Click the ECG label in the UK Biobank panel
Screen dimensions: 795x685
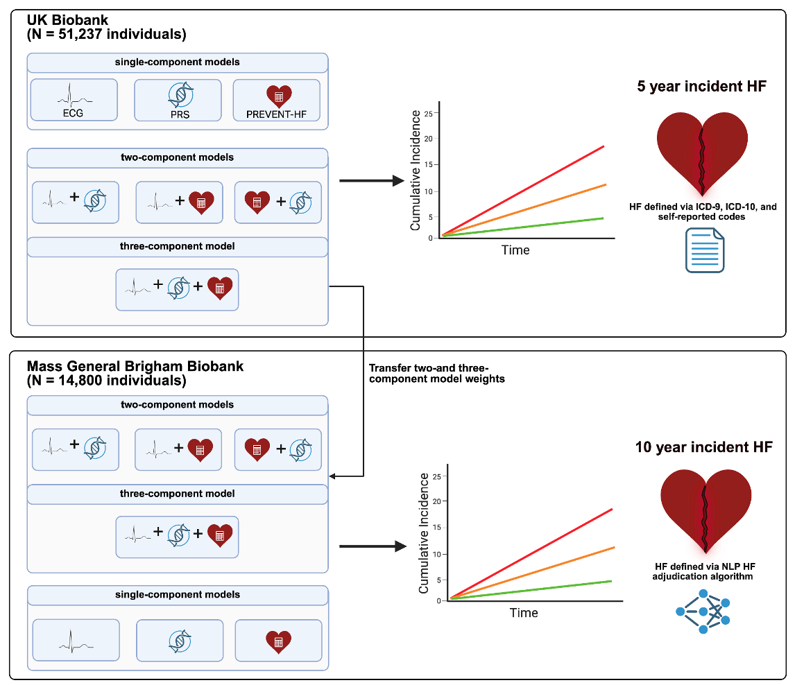tap(73, 113)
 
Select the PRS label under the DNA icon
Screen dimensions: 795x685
tap(180, 114)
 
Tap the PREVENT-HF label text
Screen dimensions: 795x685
tap(276, 114)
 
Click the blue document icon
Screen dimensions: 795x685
tap(705, 250)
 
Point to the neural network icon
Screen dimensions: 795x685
tap(703, 611)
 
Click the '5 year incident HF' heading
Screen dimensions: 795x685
tap(701, 86)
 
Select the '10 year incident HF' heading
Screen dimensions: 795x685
tap(703, 447)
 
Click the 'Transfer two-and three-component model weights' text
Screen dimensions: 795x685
tap(436, 374)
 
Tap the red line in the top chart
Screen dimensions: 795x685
tap(523, 191)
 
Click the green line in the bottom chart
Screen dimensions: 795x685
tap(531, 590)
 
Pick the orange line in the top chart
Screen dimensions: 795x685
tap(524, 210)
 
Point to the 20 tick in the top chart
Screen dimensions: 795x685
tap(429, 139)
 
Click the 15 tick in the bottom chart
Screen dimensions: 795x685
tap(437, 528)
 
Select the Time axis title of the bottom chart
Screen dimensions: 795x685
tap(524, 613)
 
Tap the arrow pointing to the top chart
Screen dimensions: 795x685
tap(372, 180)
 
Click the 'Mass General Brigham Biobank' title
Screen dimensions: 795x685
tap(135, 366)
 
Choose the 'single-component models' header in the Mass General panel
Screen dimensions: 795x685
tap(178, 594)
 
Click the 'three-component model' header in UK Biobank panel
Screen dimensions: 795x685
tap(178, 246)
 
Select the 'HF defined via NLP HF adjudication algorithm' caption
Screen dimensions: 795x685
tap(705, 571)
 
